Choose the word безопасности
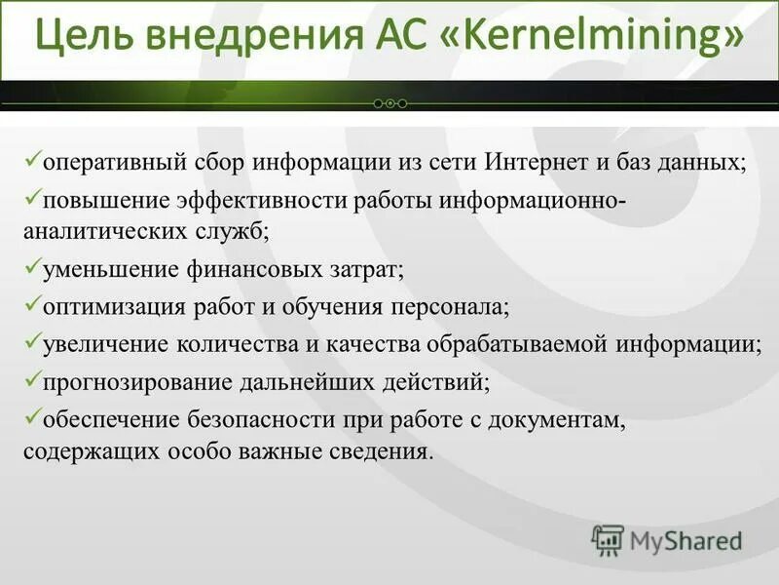click(267, 420)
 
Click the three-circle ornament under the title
click(389, 102)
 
